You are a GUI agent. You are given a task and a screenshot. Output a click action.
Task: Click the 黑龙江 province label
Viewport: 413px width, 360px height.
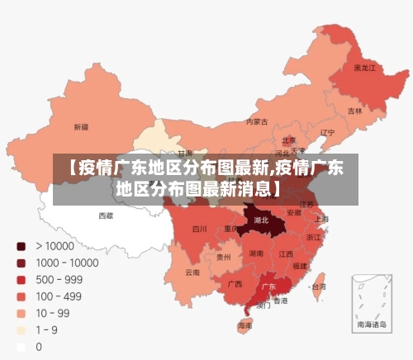pos(364,67)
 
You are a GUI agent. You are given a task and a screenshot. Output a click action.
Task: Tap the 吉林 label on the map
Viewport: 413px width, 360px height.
pos(354,110)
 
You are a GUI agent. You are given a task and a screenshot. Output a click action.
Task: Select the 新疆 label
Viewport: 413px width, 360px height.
pos(81,127)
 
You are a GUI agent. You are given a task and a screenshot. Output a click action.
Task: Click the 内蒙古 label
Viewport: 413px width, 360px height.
pos(257,121)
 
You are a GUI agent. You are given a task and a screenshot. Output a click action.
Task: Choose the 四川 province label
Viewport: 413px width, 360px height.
pos(199,229)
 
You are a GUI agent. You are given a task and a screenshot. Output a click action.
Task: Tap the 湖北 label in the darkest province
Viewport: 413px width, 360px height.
pos(261,220)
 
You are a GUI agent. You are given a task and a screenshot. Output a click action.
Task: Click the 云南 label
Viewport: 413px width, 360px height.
pos(192,272)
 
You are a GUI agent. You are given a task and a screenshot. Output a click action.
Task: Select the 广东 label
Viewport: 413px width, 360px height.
pos(268,287)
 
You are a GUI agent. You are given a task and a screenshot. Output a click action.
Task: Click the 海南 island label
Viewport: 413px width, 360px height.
pos(245,325)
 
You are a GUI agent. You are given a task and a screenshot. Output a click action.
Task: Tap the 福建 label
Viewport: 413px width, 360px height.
pos(299,266)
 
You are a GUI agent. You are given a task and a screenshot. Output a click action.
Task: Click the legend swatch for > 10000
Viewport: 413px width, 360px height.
pos(20,245)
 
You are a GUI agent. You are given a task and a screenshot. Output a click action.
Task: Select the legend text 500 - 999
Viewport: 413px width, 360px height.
pos(59,279)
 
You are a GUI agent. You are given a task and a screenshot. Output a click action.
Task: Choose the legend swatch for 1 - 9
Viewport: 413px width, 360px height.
pos(20,329)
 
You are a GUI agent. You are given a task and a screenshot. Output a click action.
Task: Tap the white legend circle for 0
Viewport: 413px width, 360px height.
pos(20,347)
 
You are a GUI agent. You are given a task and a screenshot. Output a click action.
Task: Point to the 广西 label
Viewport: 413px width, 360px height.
pos(235,283)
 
